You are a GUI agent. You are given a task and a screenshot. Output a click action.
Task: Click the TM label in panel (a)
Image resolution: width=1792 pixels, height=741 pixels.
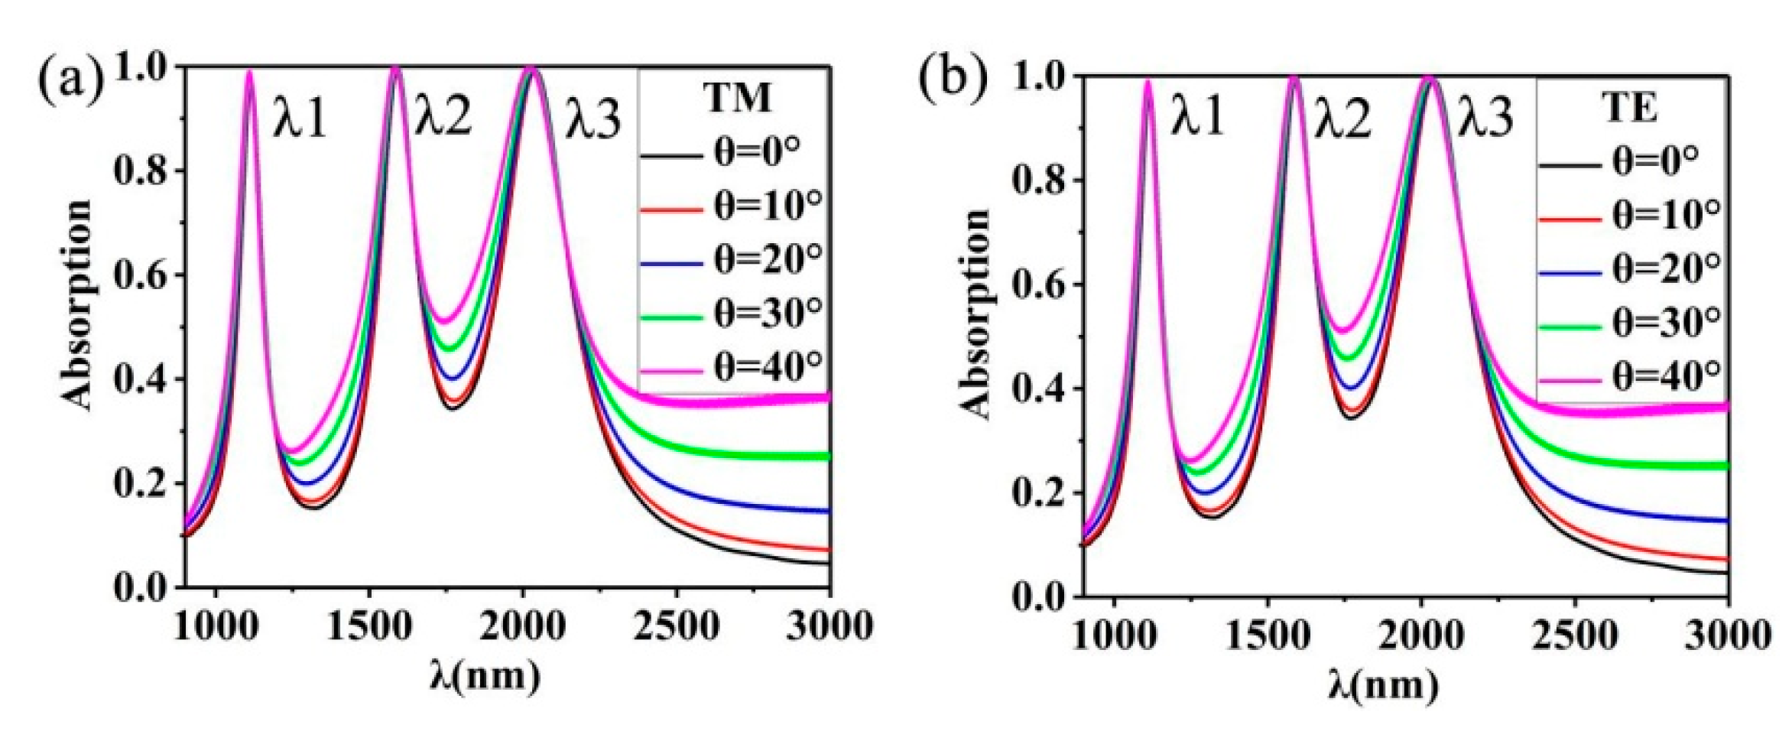tap(737, 97)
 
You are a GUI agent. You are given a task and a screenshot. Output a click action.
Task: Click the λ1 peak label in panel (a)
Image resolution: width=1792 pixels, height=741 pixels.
tap(300, 120)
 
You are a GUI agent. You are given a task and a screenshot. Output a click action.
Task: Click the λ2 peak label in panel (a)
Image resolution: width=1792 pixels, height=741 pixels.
tap(443, 119)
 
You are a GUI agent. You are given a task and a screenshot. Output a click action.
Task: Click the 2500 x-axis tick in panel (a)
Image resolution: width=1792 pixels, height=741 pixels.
tap(676, 627)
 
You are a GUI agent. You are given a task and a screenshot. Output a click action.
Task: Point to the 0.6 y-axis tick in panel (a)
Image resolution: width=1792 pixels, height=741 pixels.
tap(143, 275)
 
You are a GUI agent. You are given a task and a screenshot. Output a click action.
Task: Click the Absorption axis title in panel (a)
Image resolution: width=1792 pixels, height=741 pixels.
tap(76, 306)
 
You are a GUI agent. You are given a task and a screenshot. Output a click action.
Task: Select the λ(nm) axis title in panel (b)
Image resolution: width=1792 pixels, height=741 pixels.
tap(1383, 684)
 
